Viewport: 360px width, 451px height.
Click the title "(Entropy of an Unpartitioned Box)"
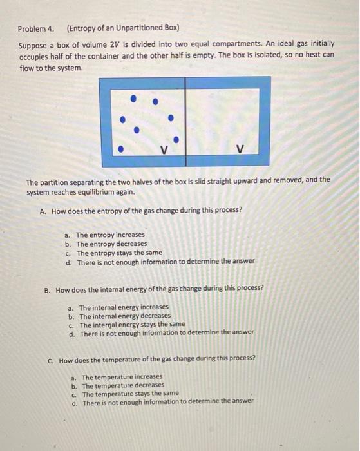[122, 29]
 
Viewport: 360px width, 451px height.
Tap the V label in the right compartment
[240, 150]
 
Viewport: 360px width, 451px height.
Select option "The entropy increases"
[110, 235]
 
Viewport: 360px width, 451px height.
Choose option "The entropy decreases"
[111, 244]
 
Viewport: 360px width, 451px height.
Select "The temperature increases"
[122, 376]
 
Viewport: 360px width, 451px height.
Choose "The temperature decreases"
[123, 385]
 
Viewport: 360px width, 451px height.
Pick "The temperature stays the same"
[130, 393]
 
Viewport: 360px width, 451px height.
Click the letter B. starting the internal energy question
[48, 289]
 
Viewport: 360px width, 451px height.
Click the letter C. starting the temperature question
[51, 358]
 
